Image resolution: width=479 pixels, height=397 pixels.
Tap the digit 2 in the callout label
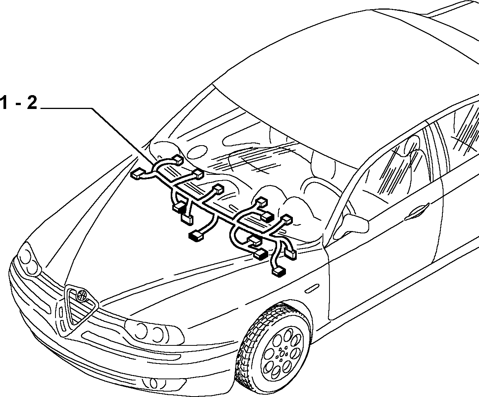32,103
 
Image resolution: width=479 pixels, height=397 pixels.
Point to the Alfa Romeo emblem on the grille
82,295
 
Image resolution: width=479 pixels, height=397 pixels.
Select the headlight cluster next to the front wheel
154,332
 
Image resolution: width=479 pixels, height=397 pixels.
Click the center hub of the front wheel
282,354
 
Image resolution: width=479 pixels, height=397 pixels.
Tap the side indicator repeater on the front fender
312,288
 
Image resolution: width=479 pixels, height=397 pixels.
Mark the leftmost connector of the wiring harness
138,174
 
